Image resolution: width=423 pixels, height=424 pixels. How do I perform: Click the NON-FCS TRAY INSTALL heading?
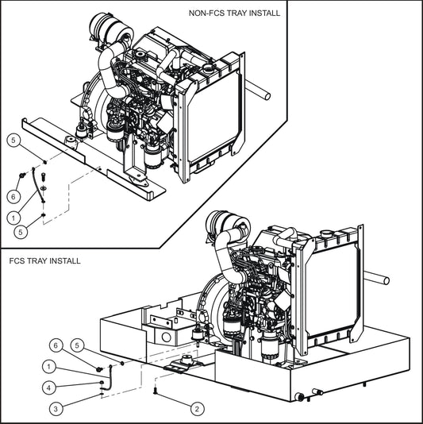click(x=234, y=13)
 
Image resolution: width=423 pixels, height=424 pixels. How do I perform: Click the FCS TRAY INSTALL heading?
click(x=44, y=260)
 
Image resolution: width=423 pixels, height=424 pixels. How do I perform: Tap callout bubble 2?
click(x=196, y=408)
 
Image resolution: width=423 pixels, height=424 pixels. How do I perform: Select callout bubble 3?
click(x=56, y=408)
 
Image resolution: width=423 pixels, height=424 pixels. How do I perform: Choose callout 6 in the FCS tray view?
click(x=56, y=345)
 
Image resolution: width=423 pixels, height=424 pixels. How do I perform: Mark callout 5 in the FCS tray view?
click(x=78, y=345)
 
